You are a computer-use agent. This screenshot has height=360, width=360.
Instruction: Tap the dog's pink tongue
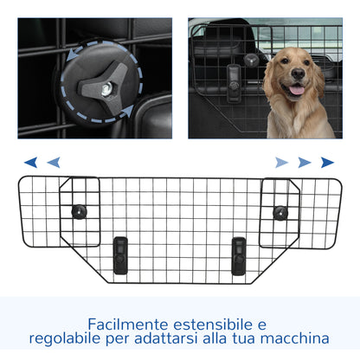[x=297, y=90]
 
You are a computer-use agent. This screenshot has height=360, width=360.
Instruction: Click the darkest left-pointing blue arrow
[x=31, y=161]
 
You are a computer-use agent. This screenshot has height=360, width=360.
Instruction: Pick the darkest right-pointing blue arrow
[x=327, y=161]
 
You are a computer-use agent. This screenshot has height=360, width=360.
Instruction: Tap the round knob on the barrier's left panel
[x=80, y=210]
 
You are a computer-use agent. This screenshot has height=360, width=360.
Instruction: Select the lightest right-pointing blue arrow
[x=282, y=161]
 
